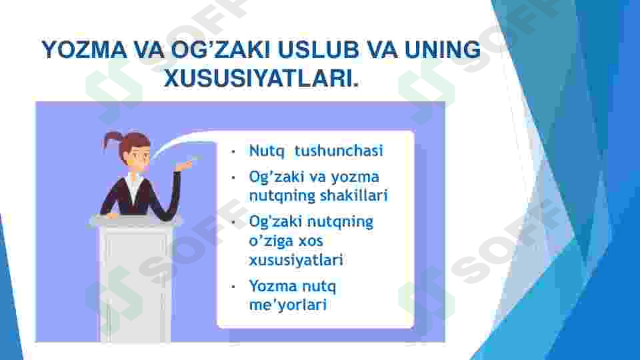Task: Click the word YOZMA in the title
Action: (x=85, y=50)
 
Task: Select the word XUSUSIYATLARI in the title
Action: (x=261, y=78)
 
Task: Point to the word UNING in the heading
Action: (x=443, y=50)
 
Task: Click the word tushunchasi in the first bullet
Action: (x=339, y=151)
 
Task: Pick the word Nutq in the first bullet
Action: (x=267, y=151)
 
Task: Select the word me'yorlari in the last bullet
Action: (x=288, y=305)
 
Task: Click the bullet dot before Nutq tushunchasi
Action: (x=233, y=152)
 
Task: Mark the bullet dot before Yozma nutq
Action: (x=233, y=287)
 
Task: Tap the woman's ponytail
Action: (x=110, y=139)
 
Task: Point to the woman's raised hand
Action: (x=185, y=165)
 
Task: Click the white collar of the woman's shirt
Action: (x=134, y=187)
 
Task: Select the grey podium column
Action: (x=135, y=281)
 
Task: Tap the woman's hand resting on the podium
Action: (x=111, y=215)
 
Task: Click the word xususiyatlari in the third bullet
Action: (x=296, y=259)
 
